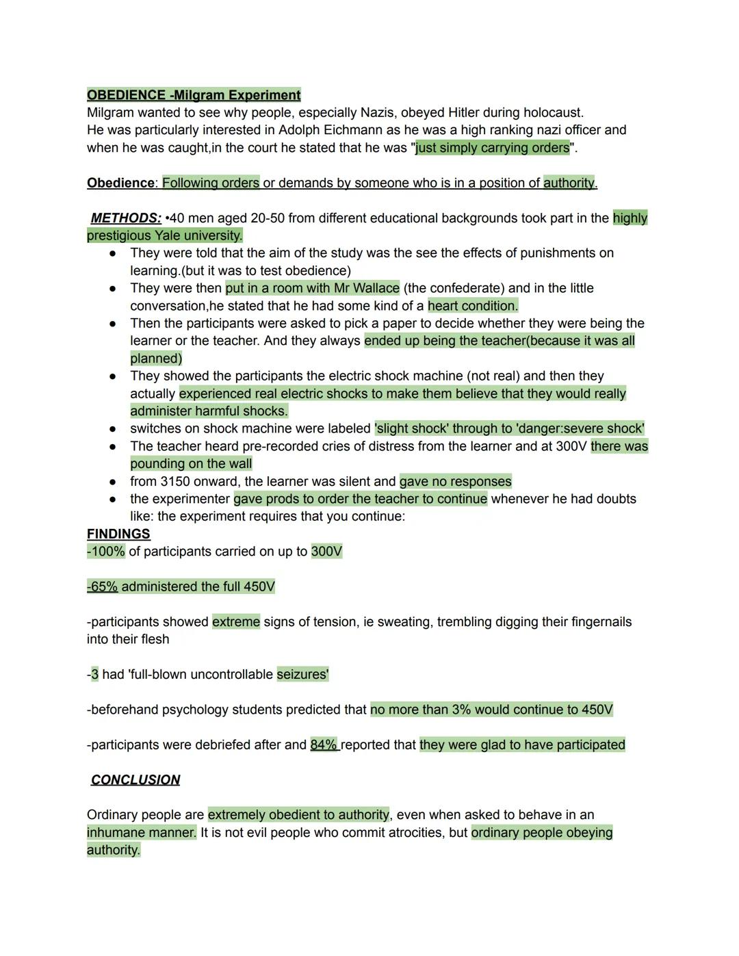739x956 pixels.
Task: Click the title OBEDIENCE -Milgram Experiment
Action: pos(194,95)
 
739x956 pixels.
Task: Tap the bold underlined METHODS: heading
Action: pos(126,218)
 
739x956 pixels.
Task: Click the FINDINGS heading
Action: pos(118,534)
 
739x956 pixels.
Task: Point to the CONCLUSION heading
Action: pos(135,780)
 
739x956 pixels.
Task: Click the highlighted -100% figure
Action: pos(106,552)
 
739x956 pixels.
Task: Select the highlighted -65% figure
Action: pos(103,586)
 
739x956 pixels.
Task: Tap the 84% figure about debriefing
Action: pos(324,745)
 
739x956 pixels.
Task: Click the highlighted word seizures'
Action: pos(302,674)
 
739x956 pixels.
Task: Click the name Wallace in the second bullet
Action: pos(376,288)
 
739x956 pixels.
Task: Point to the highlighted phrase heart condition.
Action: pos(473,306)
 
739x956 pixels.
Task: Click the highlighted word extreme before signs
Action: pos(236,621)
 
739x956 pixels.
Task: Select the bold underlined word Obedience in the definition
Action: pos(120,183)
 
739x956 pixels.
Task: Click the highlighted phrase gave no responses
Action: pos(456,481)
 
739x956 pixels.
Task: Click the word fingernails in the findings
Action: pos(594,621)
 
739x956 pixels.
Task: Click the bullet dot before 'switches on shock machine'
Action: pos(113,429)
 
